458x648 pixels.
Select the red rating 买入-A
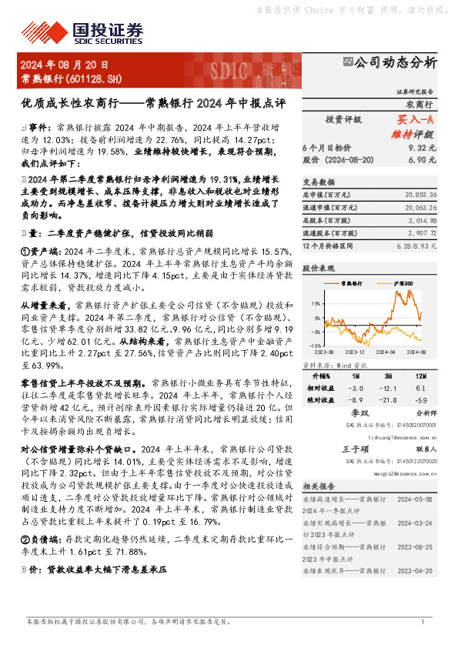[x=416, y=120]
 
